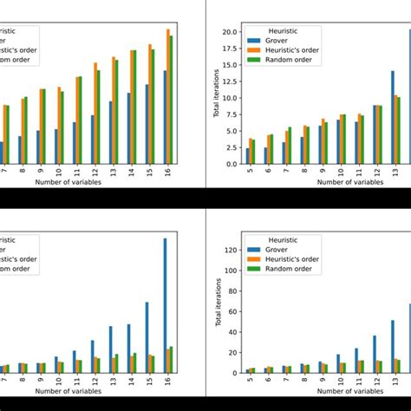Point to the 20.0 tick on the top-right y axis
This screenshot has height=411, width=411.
pos(229,32)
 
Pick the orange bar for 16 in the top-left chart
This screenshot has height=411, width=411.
pos(168,95)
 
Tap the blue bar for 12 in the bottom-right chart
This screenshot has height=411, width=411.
pos(375,354)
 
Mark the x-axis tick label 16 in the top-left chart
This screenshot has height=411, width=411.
pos(168,173)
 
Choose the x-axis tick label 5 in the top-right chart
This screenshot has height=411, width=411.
pos(248,172)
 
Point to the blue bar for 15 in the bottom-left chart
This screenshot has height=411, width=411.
pos(147,337)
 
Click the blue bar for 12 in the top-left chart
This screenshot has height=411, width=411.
pos(92,139)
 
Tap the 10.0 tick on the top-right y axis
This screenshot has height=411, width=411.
pos(229,98)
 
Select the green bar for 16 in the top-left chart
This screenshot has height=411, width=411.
pos(173,99)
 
